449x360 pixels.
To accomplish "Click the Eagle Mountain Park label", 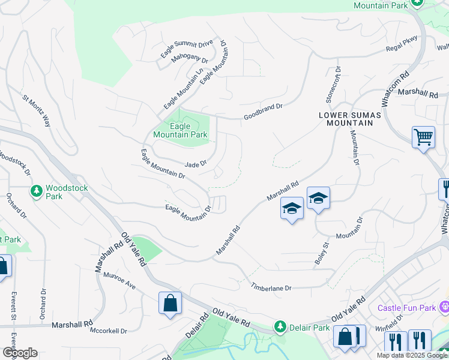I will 180,130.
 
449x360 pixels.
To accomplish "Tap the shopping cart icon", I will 423,137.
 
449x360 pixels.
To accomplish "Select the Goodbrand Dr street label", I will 262,112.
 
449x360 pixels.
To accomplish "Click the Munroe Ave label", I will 119,280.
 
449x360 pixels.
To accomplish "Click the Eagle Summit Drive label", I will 187,49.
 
